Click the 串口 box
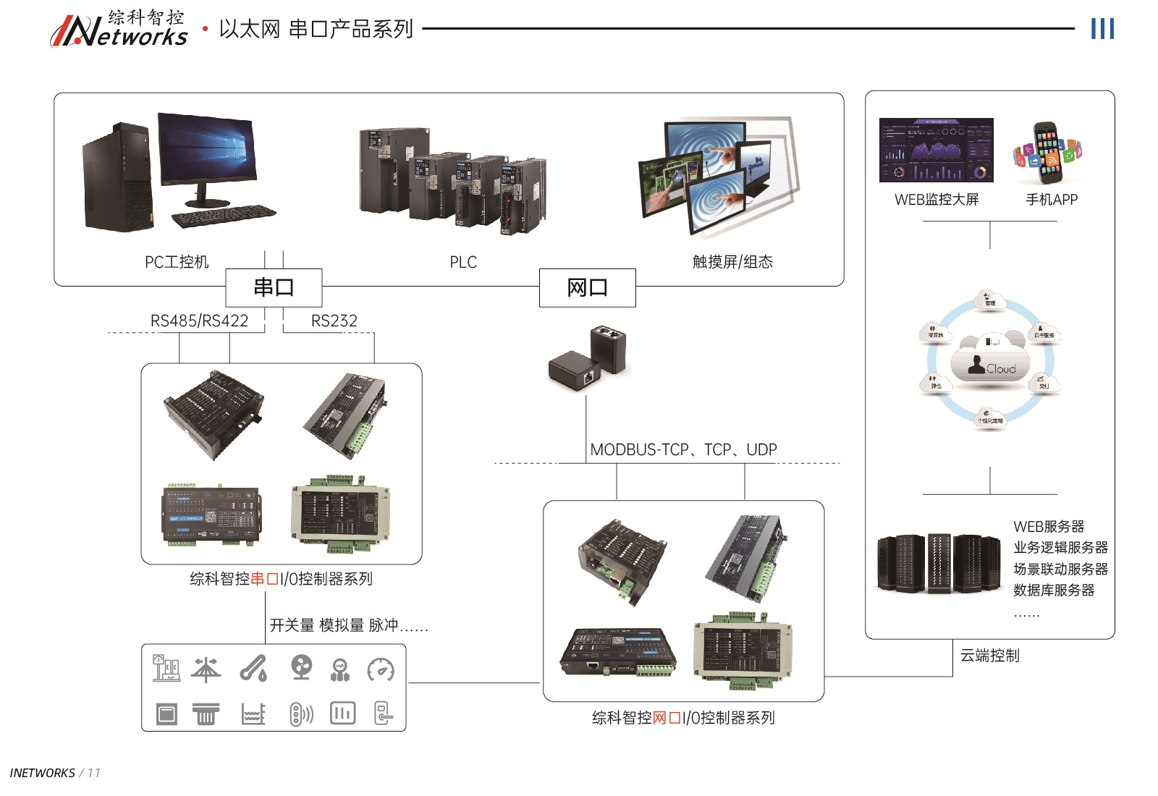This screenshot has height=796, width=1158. [x=274, y=288]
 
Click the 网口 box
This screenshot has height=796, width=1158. [x=587, y=288]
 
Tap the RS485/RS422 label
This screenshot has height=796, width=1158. [x=199, y=321]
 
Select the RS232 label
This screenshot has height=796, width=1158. [x=334, y=321]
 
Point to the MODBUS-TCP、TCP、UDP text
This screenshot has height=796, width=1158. [x=683, y=450]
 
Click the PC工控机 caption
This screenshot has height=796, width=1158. [x=177, y=262]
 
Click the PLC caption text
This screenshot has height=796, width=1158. [x=463, y=262]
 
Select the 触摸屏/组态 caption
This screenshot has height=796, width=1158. [x=732, y=262]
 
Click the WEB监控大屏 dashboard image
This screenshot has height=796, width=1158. [x=936, y=150]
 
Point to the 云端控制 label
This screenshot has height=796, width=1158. [x=989, y=656]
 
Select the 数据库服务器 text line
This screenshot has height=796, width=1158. [x=1054, y=590]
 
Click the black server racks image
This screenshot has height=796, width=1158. [x=939, y=564]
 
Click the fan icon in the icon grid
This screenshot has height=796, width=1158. [x=301, y=668]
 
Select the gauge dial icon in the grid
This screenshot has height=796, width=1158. [x=381, y=669]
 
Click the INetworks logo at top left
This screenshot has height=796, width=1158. [x=119, y=30]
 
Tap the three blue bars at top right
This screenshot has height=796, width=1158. [x=1102, y=29]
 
